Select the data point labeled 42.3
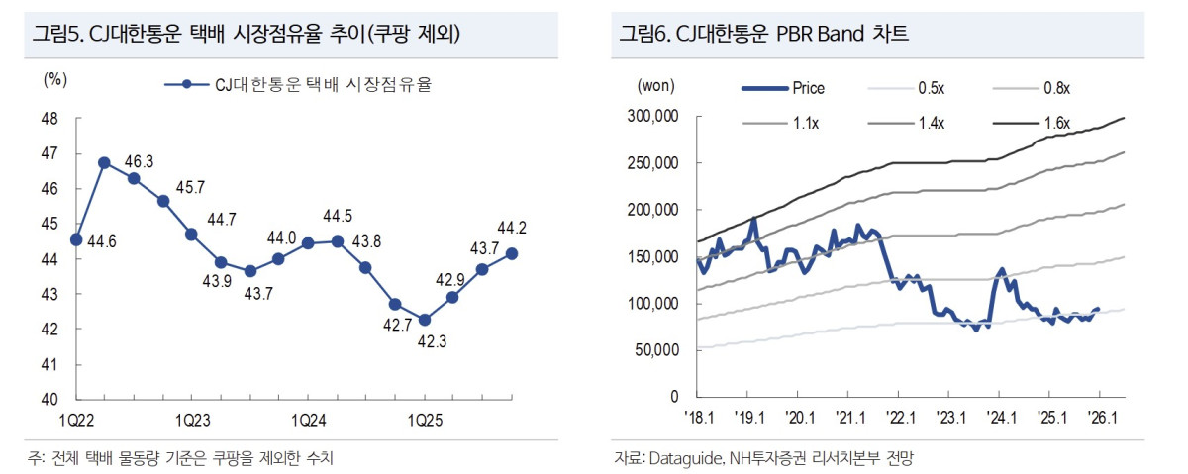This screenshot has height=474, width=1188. pyautogui.click(x=425, y=319)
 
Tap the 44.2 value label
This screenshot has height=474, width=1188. pyautogui.click(x=512, y=228)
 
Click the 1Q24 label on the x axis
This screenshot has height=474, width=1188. pyautogui.click(x=307, y=418)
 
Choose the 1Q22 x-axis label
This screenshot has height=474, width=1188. pyautogui.click(x=76, y=418)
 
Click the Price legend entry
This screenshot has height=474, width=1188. pyautogui.click(x=808, y=88)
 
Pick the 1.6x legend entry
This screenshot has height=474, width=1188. pyautogui.click(x=1057, y=123)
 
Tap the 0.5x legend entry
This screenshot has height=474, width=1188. pyautogui.click(x=931, y=88)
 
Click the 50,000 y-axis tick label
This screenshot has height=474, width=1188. pyautogui.click(x=656, y=350)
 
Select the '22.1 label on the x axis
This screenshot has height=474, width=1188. pyautogui.click(x=899, y=418)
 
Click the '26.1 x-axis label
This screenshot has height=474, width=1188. pyautogui.click(x=1101, y=418)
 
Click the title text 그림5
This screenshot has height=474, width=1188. pyautogui.click(x=57, y=34)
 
